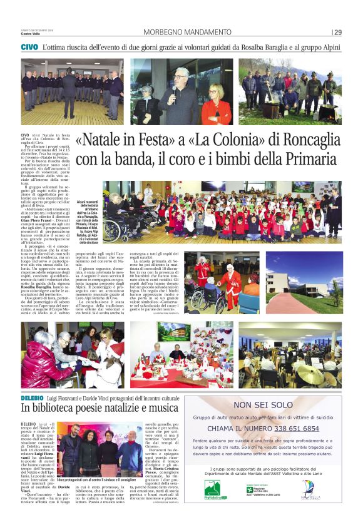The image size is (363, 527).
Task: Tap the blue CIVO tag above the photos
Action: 29,48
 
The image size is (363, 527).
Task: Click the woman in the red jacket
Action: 217,105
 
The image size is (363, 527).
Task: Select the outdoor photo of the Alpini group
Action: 290,92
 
